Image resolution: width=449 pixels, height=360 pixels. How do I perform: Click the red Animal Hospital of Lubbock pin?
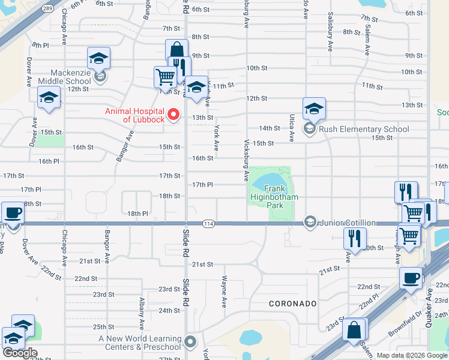[x=174, y=114]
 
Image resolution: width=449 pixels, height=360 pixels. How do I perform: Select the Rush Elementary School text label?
[x=364, y=129]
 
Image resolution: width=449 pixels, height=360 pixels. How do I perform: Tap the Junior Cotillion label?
[x=348, y=223]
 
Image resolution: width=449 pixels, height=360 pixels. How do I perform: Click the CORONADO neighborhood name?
[x=292, y=304]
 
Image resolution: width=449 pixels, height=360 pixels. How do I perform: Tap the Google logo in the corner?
[x=20, y=353]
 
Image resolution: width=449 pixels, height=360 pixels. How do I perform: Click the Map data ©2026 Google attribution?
[x=411, y=355]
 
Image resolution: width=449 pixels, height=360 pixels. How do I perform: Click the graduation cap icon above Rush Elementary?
[x=314, y=109]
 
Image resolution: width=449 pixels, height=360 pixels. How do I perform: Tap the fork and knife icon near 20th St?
[x=355, y=238]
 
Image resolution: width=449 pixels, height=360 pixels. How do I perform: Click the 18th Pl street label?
[x=137, y=214]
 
